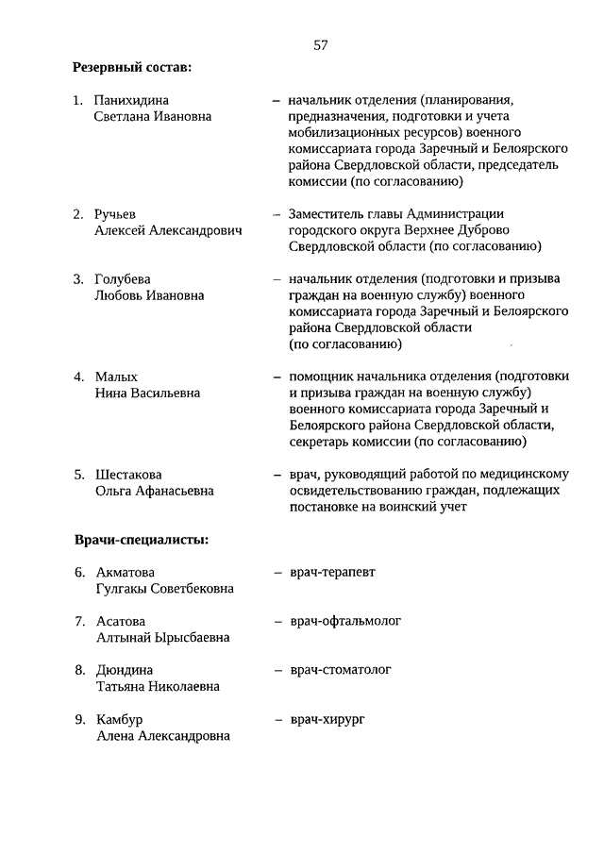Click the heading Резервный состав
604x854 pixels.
click(x=132, y=68)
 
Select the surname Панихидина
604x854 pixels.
click(x=133, y=100)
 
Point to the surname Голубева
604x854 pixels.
click(x=123, y=279)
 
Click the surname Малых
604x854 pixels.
click(x=116, y=377)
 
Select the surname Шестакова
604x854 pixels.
click(x=129, y=475)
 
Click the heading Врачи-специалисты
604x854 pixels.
click(x=142, y=541)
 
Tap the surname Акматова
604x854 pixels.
click(x=126, y=573)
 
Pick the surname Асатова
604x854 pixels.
click(x=121, y=622)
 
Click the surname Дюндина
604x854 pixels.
click(x=125, y=671)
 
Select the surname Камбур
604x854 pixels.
click(x=120, y=720)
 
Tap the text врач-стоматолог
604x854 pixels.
click(x=341, y=670)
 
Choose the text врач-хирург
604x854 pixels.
click(x=327, y=719)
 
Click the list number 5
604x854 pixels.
click(x=80, y=475)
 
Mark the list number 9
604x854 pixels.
click(x=80, y=720)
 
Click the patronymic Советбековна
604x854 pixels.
click(x=189, y=589)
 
